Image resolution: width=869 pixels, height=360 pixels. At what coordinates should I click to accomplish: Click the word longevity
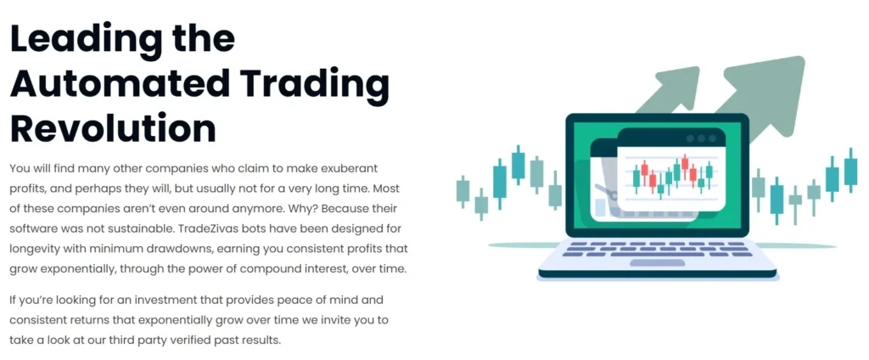click(x=42, y=250)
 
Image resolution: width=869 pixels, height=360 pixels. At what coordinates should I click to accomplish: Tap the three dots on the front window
click(x=701, y=138)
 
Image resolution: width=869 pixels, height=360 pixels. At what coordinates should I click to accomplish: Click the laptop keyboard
click(x=658, y=252)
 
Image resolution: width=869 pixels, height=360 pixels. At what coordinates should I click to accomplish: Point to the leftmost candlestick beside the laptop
click(x=463, y=190)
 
